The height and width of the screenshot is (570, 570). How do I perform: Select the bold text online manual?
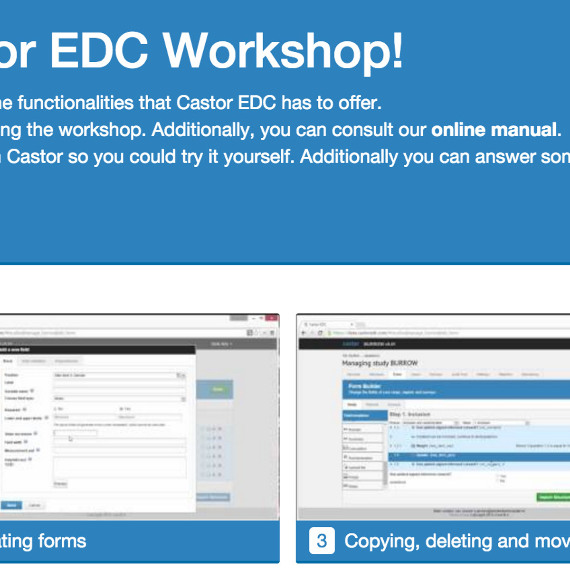(494, 130)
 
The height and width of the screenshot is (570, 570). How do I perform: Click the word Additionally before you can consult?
(203, 130)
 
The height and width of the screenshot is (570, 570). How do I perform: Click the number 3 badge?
(322, 541)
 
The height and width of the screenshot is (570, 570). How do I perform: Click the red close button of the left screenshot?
(272, 318)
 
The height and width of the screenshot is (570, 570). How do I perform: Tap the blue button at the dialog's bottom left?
(11, 505)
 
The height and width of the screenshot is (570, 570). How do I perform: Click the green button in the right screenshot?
(553, 497)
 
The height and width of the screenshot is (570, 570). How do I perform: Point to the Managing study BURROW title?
(380, 363)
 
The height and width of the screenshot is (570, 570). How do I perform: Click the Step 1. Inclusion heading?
(409, 414)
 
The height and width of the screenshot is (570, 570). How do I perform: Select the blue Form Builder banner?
(456, 389)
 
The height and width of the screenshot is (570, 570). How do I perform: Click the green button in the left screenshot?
(218, 389)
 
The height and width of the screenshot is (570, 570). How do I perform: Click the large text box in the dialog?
(119, 467)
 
